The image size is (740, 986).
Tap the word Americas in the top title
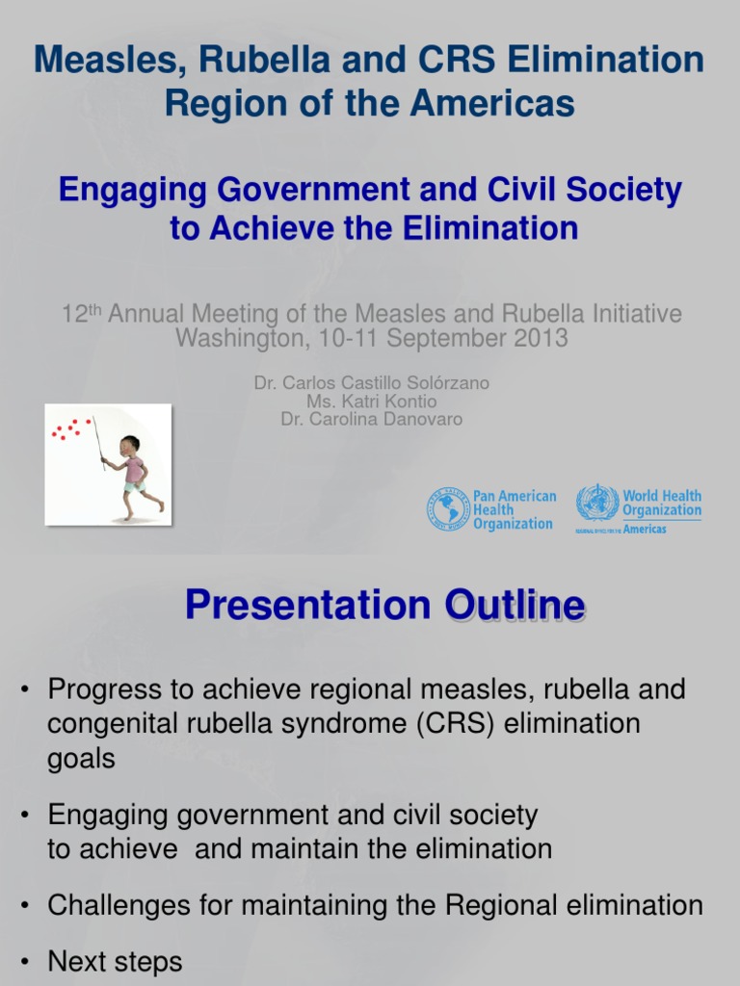507,102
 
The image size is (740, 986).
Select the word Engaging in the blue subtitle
130,190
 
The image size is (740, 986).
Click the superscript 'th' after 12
97,309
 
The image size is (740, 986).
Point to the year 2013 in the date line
542,339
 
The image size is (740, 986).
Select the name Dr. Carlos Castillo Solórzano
371,383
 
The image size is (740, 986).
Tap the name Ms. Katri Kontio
371,402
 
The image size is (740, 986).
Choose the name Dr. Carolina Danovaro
371,420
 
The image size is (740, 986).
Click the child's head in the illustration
130,446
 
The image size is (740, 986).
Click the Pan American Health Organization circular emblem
448,509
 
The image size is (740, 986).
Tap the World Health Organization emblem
597,503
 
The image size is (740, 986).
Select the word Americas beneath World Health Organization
645,529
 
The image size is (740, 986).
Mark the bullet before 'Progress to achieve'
26,690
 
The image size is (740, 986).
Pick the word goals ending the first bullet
81,759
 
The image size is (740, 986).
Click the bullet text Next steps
115,961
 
